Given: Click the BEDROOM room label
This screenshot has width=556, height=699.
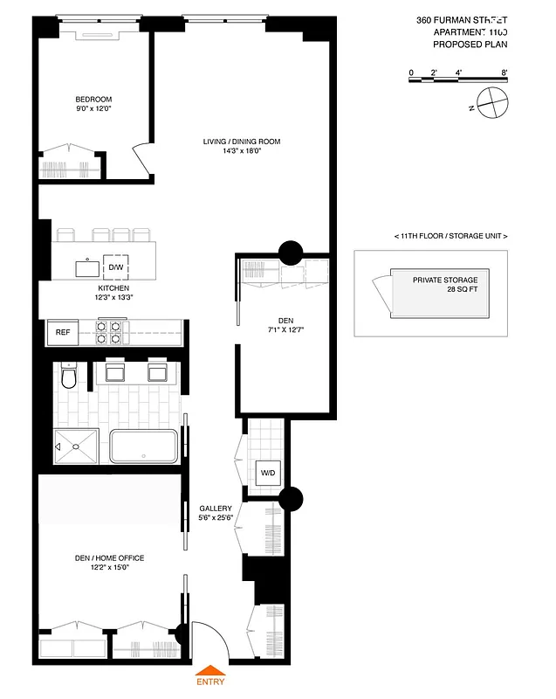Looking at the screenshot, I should coord(93,100).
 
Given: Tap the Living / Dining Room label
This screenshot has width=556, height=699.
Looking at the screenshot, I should coord(242,142).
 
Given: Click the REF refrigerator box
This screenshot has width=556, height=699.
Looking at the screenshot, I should coord(63,333).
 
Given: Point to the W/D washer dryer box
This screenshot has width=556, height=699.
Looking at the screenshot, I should coord(268,474).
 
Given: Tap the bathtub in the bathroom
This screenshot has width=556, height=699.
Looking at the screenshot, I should coord(143,446).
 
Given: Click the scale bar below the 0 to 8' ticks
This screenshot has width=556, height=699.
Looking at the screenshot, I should coord(458,81).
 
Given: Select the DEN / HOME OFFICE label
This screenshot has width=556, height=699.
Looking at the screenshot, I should coord(110,558).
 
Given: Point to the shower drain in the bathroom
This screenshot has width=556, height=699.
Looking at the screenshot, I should coord(77,446).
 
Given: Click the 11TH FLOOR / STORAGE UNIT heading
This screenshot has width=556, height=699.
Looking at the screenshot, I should coord(450,237).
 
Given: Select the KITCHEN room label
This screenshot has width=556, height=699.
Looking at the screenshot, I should coord(113,288).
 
